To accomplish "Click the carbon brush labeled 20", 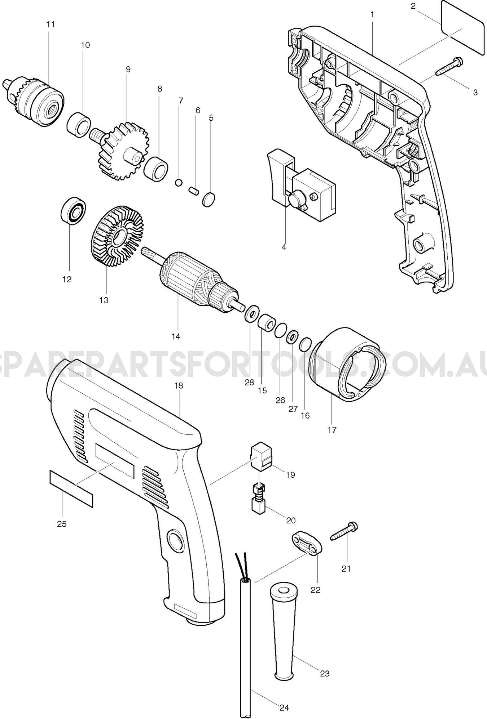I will [x=258, y=499].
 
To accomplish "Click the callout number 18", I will [x=179, y=385].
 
